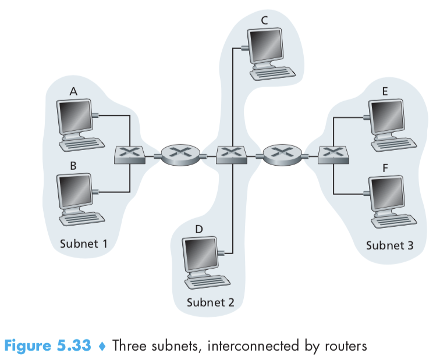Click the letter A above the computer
[x=73, y=91]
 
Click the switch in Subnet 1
[x=130, y=155]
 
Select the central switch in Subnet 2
[x=232, y=155]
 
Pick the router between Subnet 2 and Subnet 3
[x=282, y=155]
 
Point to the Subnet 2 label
[x=211, y=302]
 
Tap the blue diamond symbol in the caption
[x=102, y=346]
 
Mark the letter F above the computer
[x=385, y=169]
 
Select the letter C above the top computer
[x=264, y=20]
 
